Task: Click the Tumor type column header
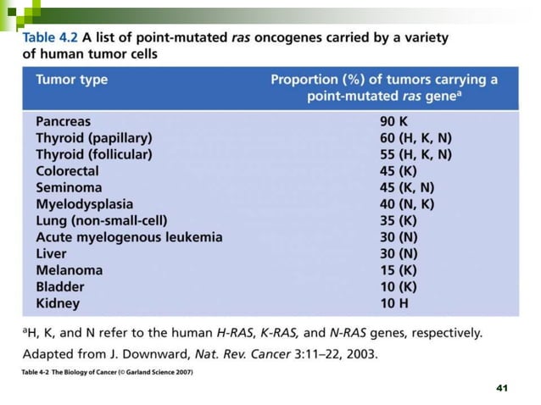71,80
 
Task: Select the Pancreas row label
63,122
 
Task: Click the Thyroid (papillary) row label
93,138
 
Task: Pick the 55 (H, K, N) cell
416,155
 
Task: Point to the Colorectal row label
68,171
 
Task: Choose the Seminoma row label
69,187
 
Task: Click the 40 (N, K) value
407,204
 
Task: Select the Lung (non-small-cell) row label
102,220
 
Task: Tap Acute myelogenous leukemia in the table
129,237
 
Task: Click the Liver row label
51,253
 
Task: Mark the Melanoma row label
69,270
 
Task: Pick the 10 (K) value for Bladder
399,286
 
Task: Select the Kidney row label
58,302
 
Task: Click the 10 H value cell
394,302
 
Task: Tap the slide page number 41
501,387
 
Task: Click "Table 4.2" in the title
50,38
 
